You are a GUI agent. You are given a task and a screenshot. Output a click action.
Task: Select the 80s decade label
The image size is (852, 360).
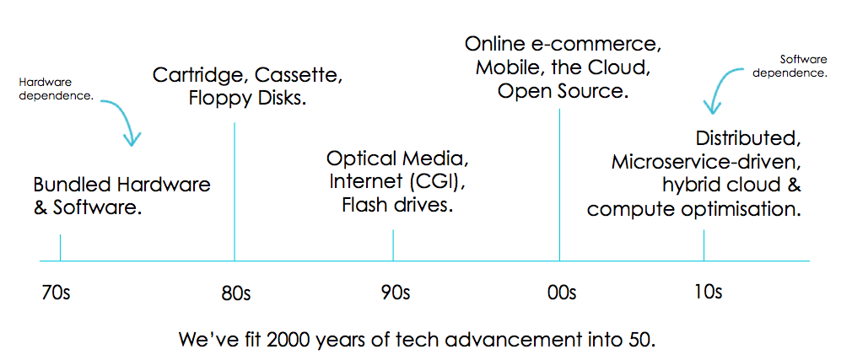pyautogui.click(x=235, y=293)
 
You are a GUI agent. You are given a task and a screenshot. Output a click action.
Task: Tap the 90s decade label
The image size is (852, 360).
pyautogui.click(x=394, y=293)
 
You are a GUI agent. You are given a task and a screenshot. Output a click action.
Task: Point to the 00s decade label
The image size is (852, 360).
pyautogui.click(x=560, y=293)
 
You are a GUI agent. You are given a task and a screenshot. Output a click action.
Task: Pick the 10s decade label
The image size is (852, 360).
pyautogui.click(x=706, y=292)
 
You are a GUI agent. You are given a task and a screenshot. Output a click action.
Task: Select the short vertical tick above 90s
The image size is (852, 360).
pyautogui.click(x=393, y=244)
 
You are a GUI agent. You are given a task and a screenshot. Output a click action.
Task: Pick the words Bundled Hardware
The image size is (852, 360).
pyautogui.click(x=122, y=184)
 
